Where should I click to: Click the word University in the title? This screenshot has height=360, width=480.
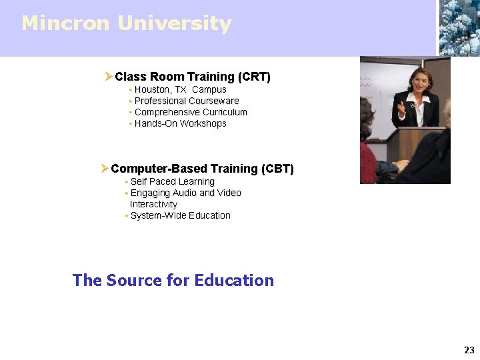[174, 23]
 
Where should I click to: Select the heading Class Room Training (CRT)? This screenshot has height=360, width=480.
[193, 77]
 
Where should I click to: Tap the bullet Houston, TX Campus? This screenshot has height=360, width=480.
[180, 89]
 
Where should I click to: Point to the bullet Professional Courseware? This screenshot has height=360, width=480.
[187, 101]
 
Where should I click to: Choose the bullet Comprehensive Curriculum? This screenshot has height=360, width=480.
[191, 112]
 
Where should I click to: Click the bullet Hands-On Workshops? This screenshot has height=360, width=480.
[180, 123]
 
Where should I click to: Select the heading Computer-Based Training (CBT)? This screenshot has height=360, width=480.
[202, 169]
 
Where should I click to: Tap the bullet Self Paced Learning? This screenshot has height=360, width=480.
[172, 181]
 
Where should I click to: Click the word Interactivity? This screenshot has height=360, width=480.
[153, 204]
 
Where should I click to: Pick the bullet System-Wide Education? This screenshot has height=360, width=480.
[180, 215]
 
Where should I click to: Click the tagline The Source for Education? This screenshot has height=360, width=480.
[173, 280]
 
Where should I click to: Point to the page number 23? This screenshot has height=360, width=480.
[469, 350]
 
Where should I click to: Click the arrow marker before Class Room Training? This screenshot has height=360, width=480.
[109, 77]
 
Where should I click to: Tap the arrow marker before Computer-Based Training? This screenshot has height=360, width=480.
[105, 169]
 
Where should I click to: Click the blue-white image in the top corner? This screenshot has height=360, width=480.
[459, 27]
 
